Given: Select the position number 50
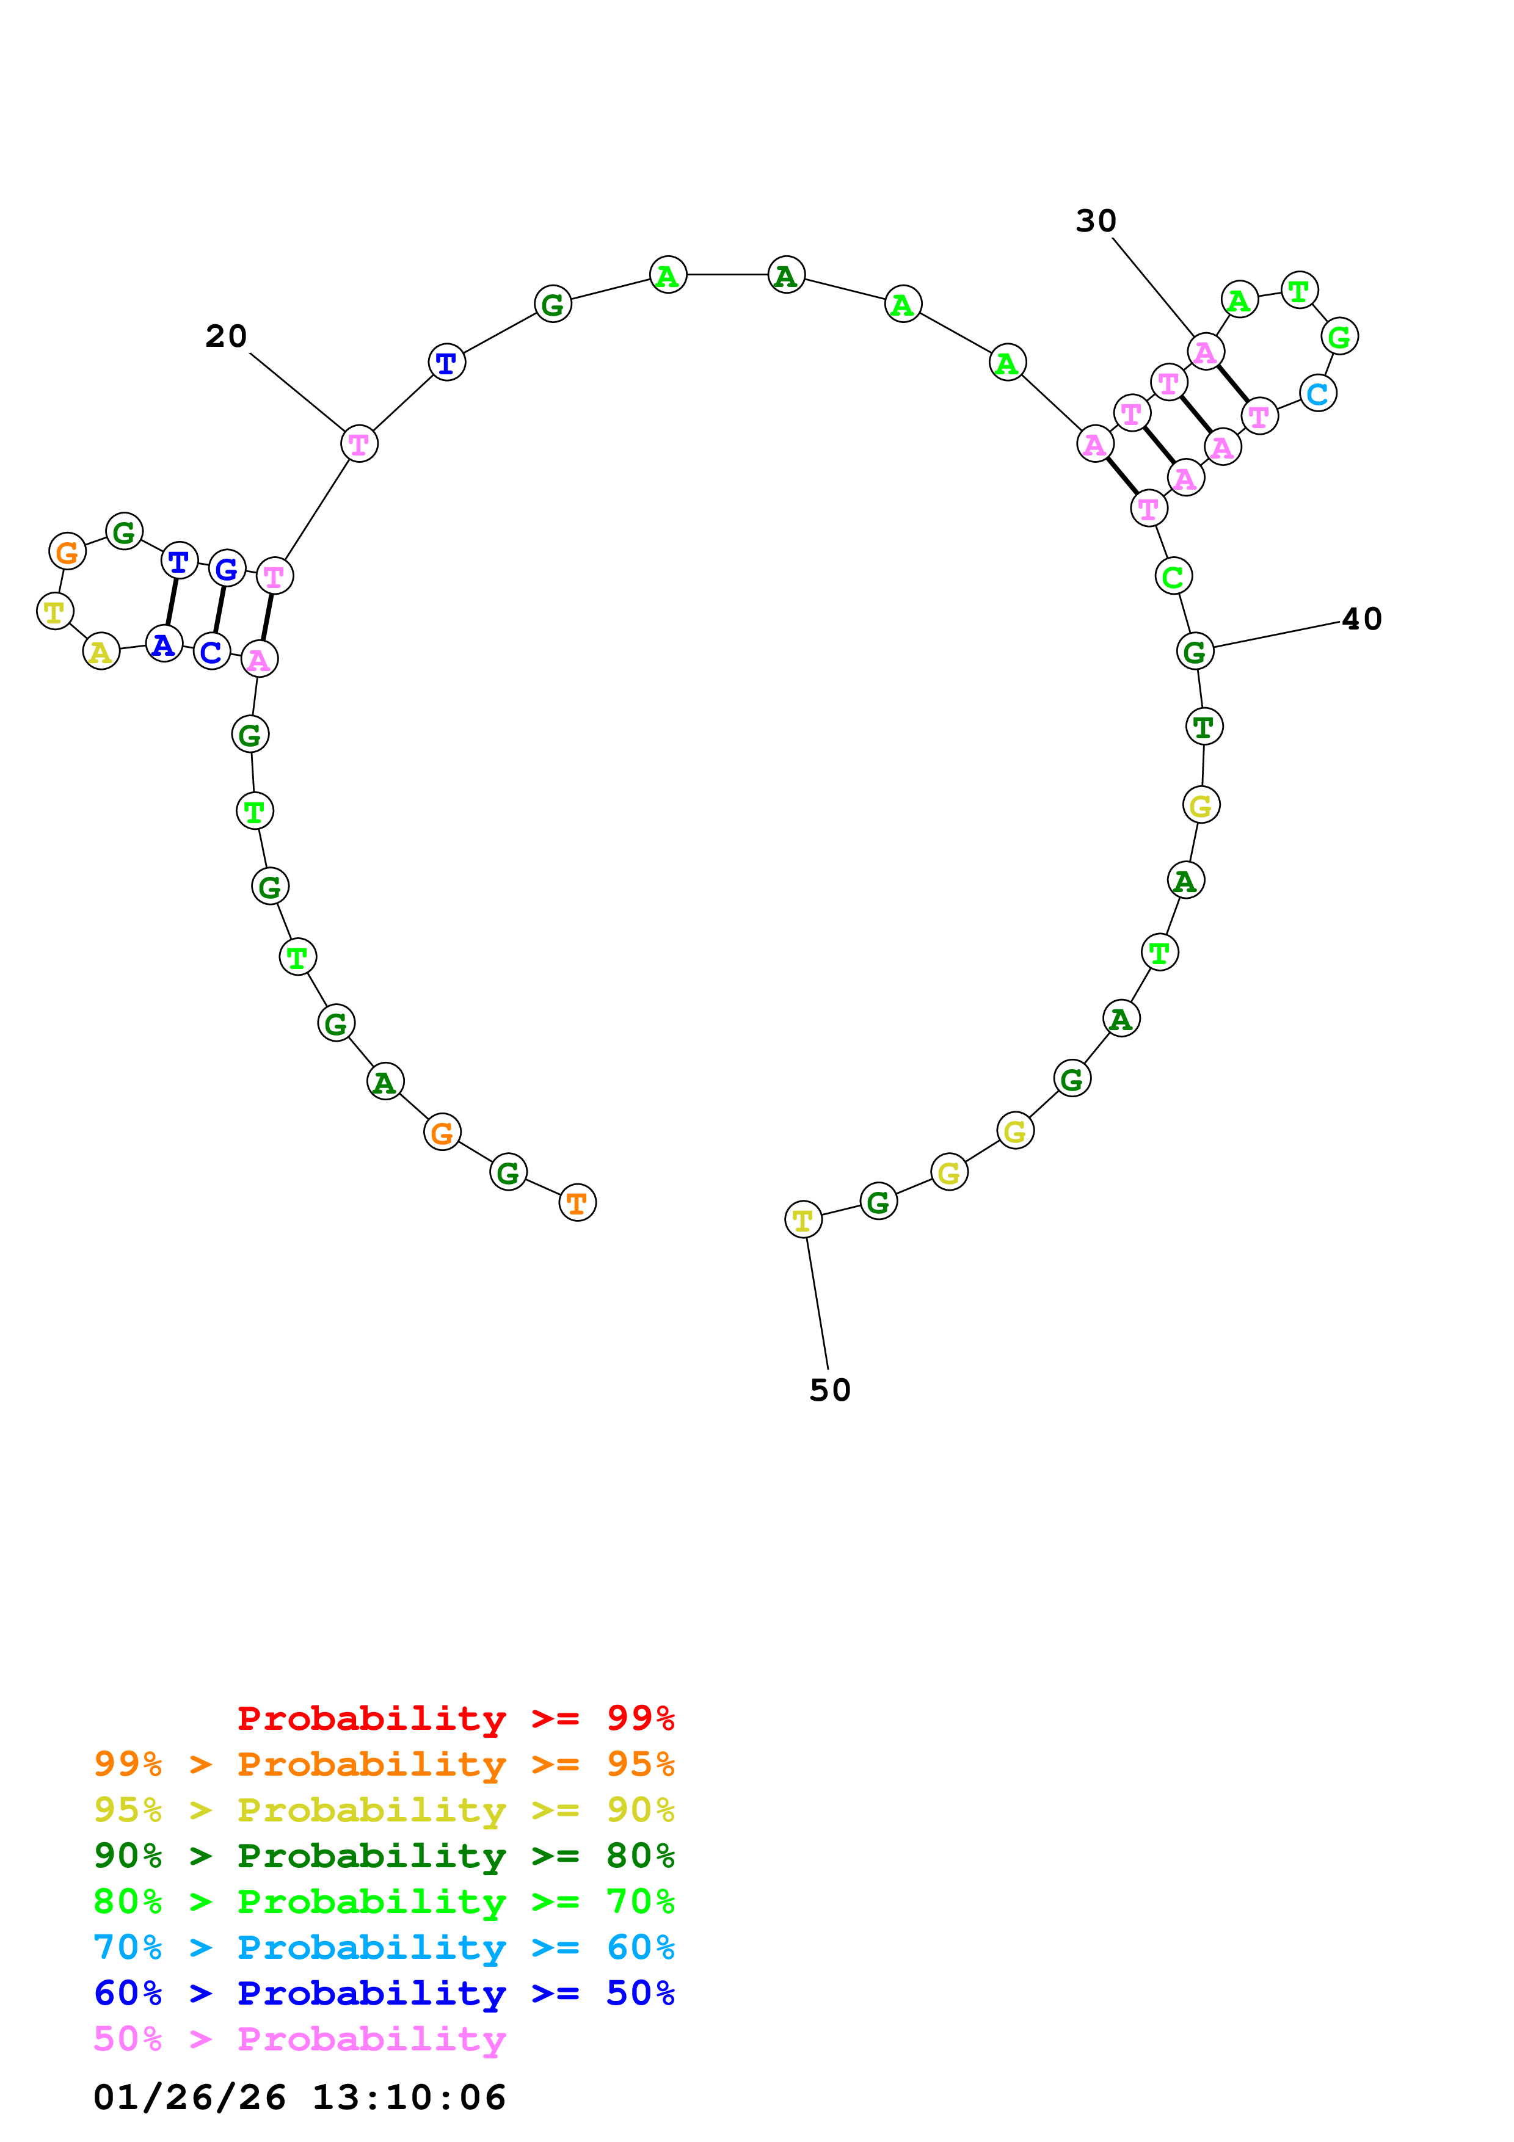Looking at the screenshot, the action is tap(829, 1390).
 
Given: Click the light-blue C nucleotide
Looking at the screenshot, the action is tap(1317, 394).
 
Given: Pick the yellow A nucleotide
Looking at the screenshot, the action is tap(101, 651).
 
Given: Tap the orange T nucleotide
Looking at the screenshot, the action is tap(577, 1202).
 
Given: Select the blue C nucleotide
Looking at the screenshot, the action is tap(212, 651).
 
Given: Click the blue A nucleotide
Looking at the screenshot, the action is tap(163, 644).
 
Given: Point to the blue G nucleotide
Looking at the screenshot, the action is tap(227, 568).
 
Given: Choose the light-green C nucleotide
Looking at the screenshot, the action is tap(1173, 576).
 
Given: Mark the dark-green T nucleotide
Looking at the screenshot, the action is tap(1203, 726).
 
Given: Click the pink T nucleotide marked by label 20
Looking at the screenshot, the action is tap(359, 443).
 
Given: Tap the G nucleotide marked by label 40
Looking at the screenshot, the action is tap(1194, 651).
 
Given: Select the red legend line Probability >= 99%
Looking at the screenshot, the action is tap(455, 1718).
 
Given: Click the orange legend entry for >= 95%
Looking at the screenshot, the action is tap(384, 1763).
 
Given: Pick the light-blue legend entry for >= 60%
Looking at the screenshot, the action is tap(384, 1947).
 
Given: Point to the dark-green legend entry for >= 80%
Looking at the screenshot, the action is tap(384, 1856).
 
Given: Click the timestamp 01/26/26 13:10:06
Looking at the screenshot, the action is tap(299, 2097).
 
